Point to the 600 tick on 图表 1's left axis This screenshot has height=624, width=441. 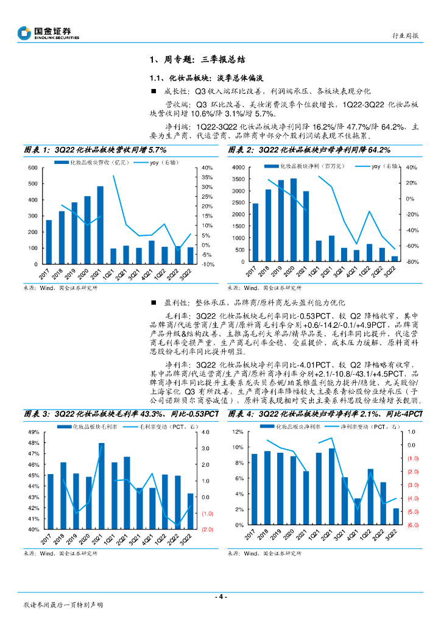tap(29, 168)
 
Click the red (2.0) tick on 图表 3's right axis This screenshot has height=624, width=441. tap(208, 530)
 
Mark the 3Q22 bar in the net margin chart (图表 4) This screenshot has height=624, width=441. tap(396, 517)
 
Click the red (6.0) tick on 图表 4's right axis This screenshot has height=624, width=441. tap(413, 525)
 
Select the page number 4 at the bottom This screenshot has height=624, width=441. tap(220, 597)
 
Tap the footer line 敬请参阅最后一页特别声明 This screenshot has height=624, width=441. tap(63, 606)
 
